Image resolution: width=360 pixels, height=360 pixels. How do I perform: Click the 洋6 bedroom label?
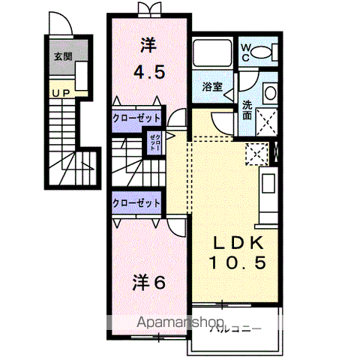point(149,283)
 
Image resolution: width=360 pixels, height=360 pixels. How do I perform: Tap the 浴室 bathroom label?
point(212,87)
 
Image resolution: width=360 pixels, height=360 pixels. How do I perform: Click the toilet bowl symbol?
point(262,52)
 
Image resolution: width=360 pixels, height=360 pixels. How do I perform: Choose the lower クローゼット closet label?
point(137,202)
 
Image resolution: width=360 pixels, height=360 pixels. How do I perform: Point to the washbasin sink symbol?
point(269,93)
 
